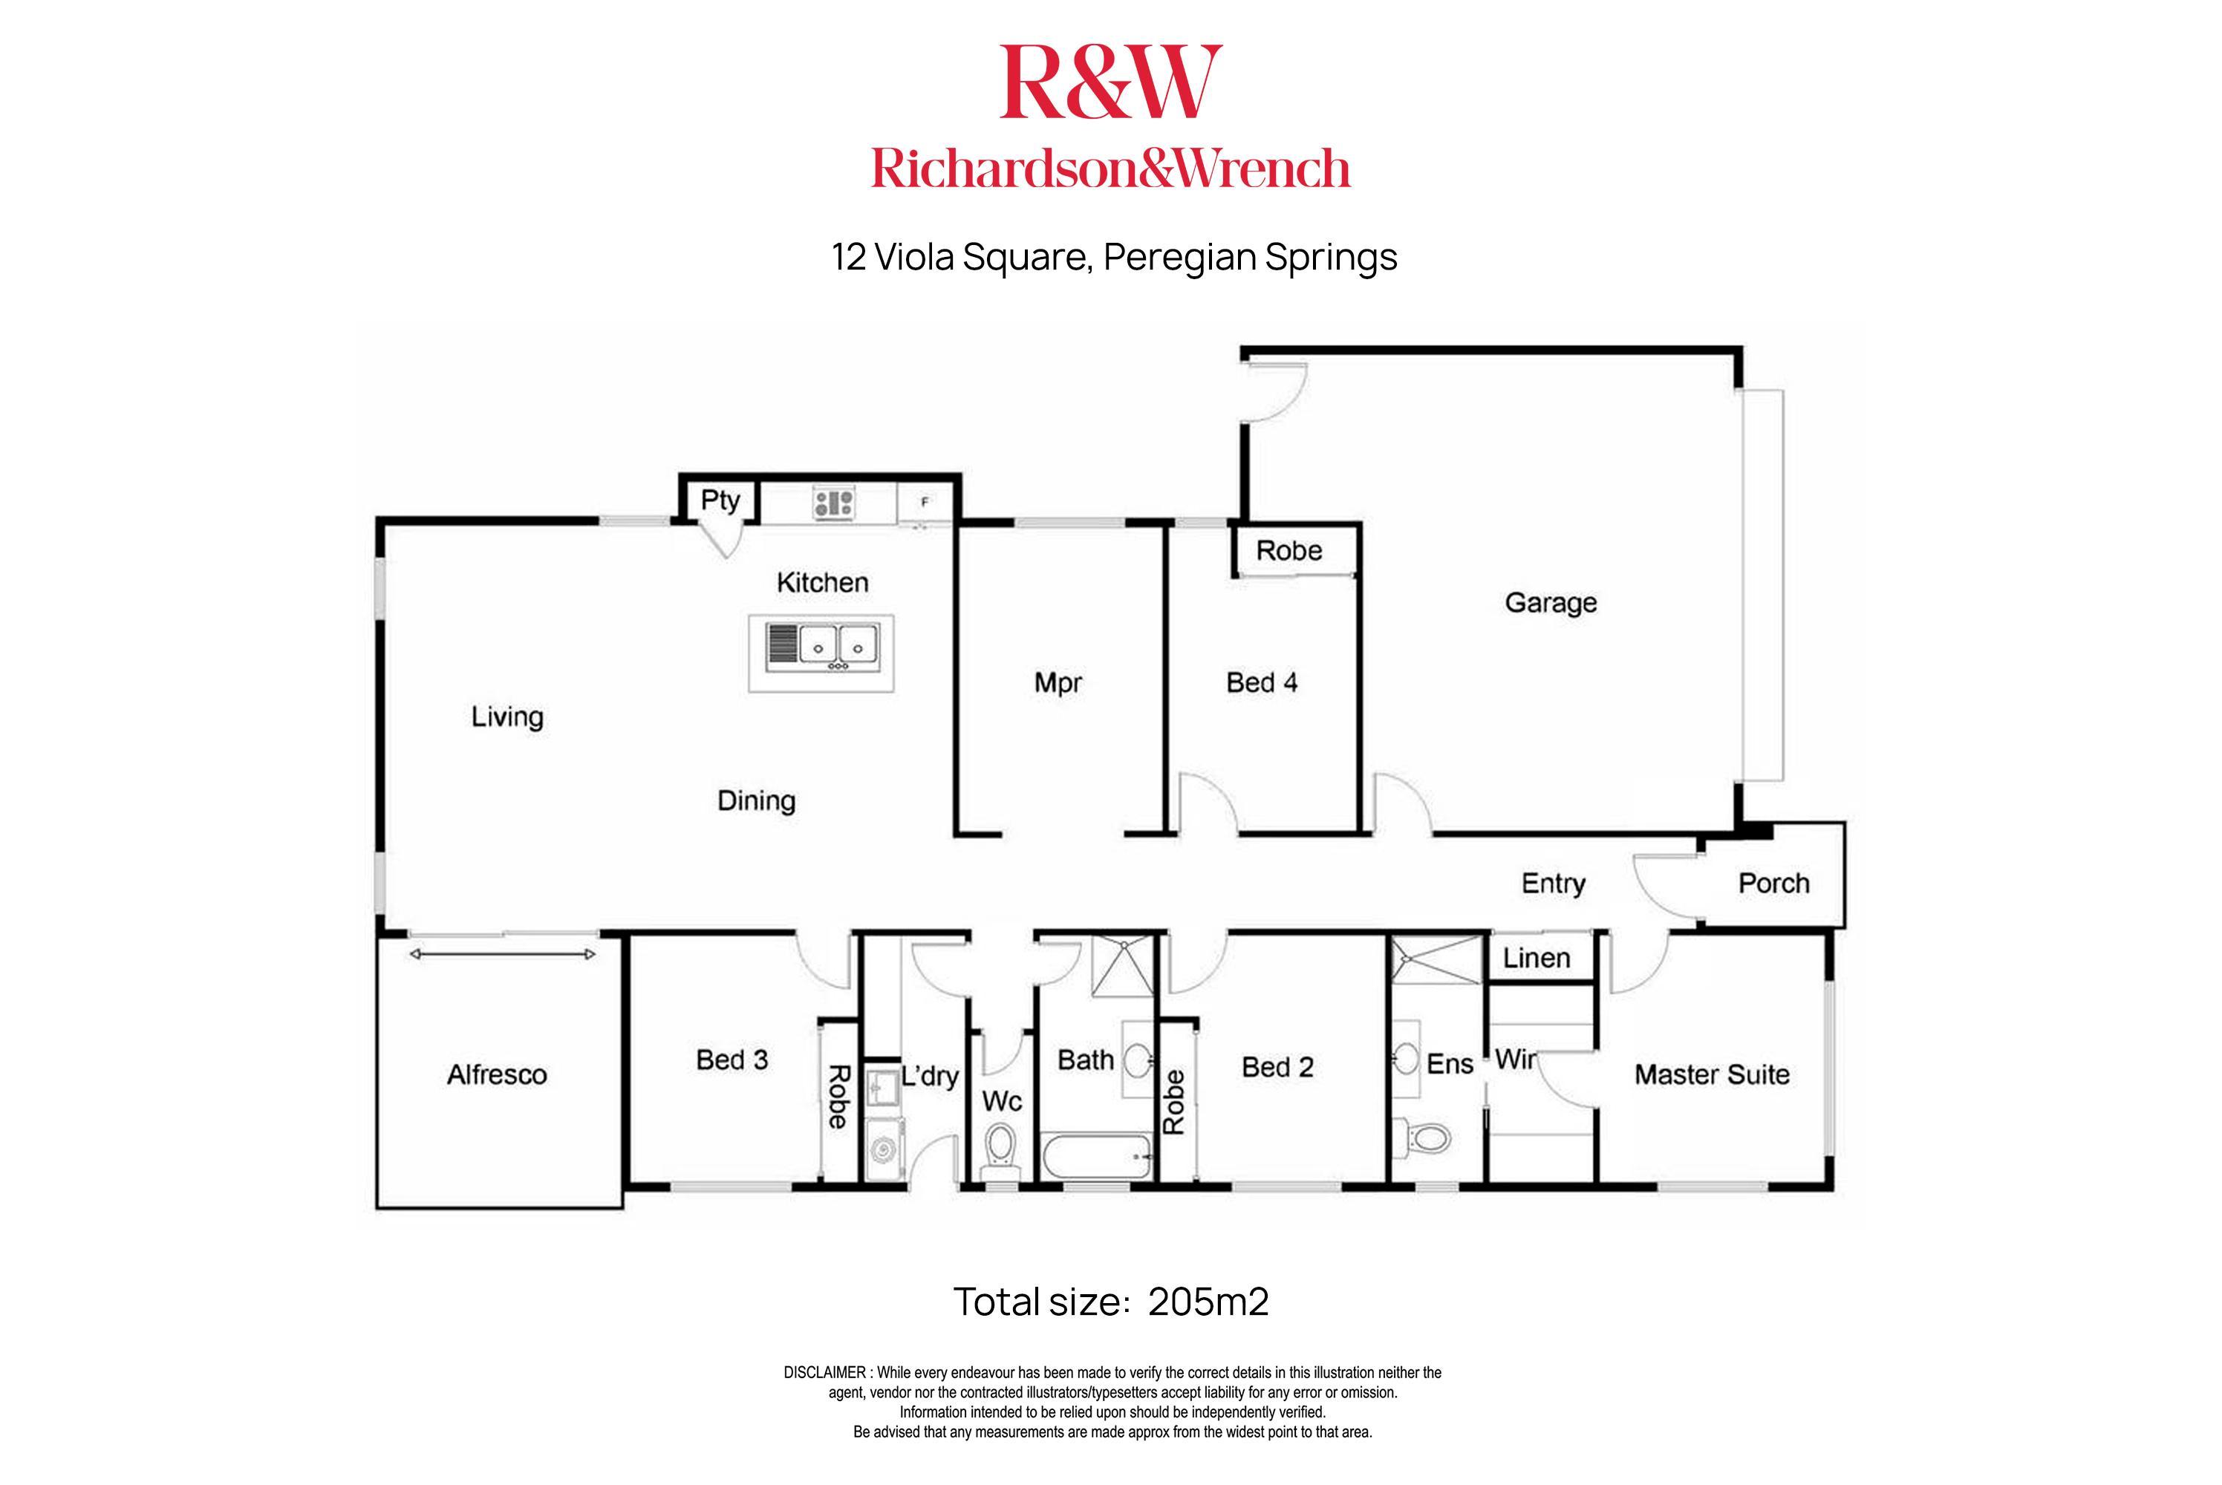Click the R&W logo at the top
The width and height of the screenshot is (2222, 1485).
coord(1110,82)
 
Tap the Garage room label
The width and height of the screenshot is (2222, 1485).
coord(1551,602)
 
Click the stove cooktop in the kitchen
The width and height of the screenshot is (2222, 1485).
coord(833,502)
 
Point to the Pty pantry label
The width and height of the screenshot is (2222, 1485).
coord(720,499)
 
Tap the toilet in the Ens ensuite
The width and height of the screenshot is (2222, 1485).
coord(1424,1137)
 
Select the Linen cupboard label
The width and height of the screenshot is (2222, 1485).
coord(1537,959)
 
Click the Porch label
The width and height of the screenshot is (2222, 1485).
coord(1773,884)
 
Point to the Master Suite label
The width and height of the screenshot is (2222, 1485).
coord(1712,1075)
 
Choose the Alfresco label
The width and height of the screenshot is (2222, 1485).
coord(496,1075)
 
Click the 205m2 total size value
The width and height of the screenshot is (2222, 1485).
coord(1208,1302)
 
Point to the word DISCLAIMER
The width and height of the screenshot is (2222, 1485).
coord(824,1372)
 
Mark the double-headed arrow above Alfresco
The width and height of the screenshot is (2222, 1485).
coord(503,953)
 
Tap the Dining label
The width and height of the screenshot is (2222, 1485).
coord(756,801)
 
